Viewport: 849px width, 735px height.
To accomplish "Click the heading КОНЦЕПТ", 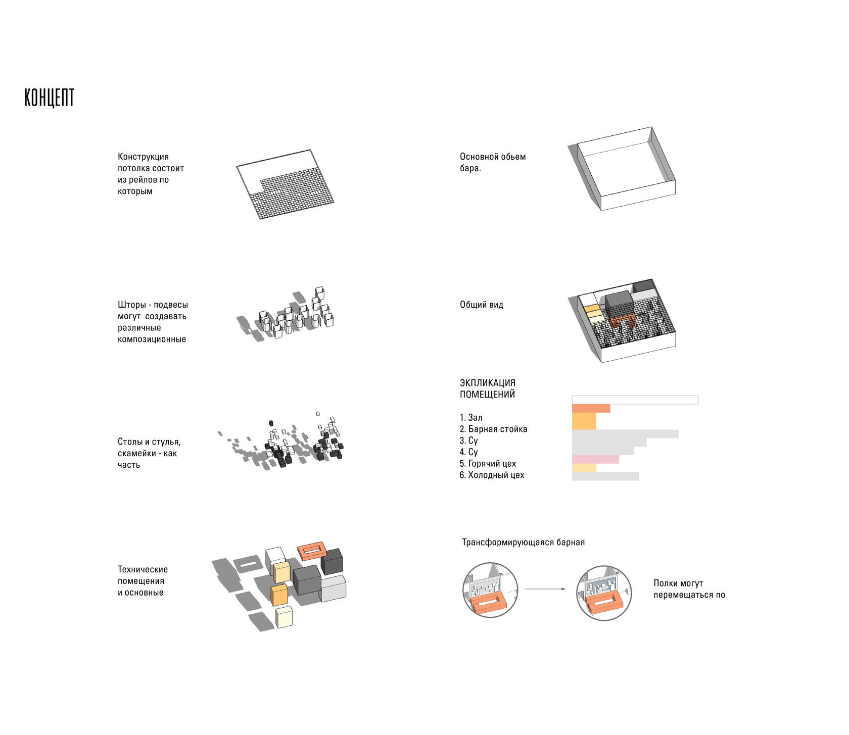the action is [50, 97].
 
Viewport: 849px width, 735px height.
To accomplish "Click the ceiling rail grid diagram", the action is [286, 184].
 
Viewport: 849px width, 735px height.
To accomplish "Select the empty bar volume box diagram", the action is [622, 169].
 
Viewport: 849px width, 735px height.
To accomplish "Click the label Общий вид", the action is [482, 305].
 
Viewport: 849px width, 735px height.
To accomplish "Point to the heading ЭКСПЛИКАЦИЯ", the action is [488, 383].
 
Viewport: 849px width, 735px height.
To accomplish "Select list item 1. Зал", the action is [471, 417].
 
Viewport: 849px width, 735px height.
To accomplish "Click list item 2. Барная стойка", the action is [493, 429].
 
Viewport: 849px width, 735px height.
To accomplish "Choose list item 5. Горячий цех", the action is [488, 463].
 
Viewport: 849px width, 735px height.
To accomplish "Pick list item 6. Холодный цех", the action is [492, 475].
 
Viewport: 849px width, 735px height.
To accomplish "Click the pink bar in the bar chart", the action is [595, 459].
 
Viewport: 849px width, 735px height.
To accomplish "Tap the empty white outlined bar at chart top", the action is [635, 400].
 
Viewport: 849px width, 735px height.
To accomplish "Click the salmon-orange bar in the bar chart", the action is [591, 408].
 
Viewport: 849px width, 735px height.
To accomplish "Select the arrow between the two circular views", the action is [545, 589].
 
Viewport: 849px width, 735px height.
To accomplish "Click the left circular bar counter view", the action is [490, 589].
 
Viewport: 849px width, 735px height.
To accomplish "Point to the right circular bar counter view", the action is [603, 593].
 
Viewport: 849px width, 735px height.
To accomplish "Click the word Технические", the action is [143, 569].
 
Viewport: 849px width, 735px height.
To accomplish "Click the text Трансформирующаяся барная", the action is [523, 543].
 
